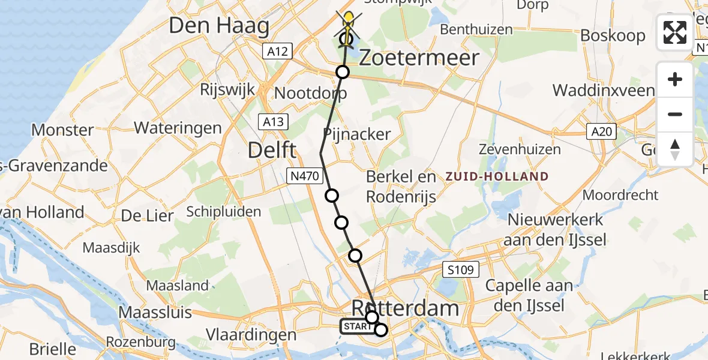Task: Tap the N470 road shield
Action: pyautogui.click(x=306, y=176)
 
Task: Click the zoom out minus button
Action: pyautogui.click(x=675, y=115)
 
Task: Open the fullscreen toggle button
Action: pyautogui.click(x=675, y=32)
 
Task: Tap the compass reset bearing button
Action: pyautogui.click(x=675, y=149)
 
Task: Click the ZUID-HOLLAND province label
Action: pyautogui.click(x=497, y=176)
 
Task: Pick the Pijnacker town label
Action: pyautogui.click(x=356, y=134)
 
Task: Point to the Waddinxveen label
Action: pyautogui.click(x=604, y=91)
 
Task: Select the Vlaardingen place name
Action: pyautogui.click(x=251, y=335)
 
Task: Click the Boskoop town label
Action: pyautogui.click(x=613, y=35)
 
